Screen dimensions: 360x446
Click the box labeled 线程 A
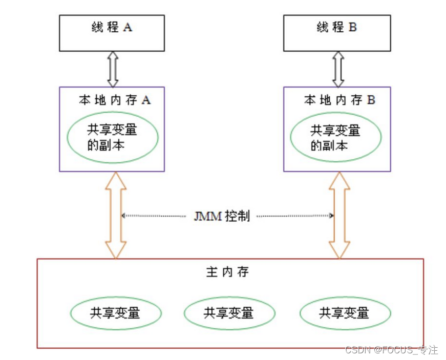tap(112, 33)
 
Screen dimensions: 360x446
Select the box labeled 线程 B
tap(337, 33)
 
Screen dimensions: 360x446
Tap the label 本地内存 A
tap(114, 100)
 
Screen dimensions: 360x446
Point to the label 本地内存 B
tap(339, 100)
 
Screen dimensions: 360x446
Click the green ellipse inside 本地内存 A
tap(113, 137)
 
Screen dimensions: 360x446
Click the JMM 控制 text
tap(222, 216)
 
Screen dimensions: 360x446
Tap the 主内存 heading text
tap(230, 272)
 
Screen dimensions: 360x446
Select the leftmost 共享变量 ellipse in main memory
tap(115, 312)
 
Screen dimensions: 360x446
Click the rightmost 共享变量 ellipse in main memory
tap(344, 312)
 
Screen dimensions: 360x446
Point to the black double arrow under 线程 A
tap(113, 69)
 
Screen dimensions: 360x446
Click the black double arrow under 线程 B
tap(338, 69)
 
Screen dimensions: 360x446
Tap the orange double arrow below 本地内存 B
tap(339, 215)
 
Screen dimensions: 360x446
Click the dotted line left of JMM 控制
tap(154, 216)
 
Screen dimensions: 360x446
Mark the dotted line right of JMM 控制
tap(294, 216)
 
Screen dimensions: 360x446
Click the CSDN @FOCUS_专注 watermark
tap(392, 350)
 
